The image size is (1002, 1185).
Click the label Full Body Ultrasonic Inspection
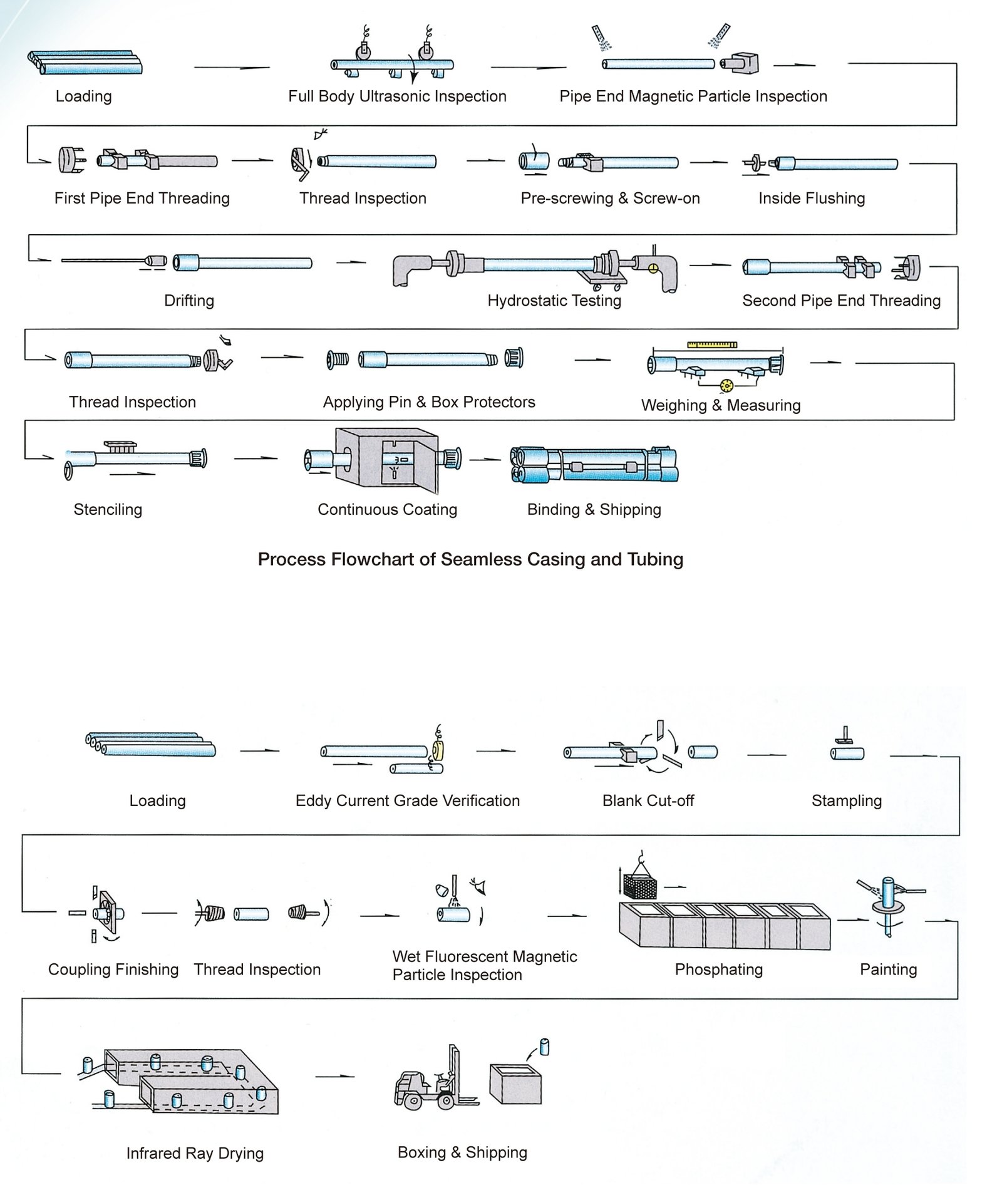coord(397,96)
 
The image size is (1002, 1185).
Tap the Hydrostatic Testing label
coord(554,301)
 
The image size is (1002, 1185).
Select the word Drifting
coord(189,301)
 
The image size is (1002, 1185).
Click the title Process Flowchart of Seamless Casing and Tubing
coord(470,559)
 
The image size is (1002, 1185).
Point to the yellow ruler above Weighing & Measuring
coord(712,344)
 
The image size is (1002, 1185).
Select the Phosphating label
coord(718,970)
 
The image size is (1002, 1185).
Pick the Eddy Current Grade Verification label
coord(408,801)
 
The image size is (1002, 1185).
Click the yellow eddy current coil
coord(438,751)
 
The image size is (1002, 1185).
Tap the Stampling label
coord(846,801)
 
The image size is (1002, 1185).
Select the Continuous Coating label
coord(387,510)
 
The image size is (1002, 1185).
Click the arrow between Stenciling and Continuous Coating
coord(256,458)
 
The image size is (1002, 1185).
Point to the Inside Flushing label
coord(812,199)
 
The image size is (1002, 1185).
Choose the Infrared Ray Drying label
coord(195,1154)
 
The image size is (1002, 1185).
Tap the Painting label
coord(888,970)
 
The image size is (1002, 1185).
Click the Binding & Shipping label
coord(594,510)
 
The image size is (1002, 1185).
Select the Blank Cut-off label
coord(648,801)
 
